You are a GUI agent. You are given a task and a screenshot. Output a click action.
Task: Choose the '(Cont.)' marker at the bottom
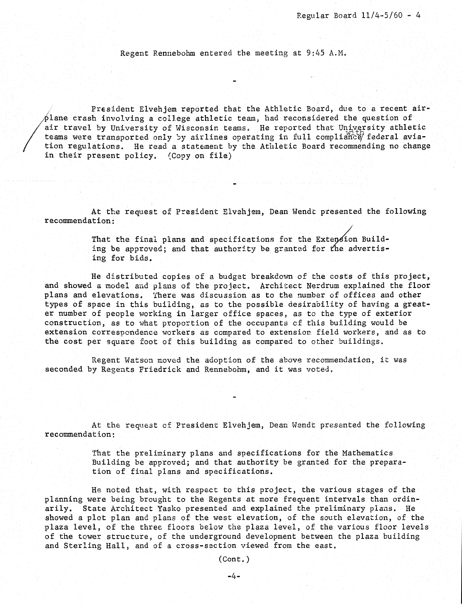click(x=234, y=559)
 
